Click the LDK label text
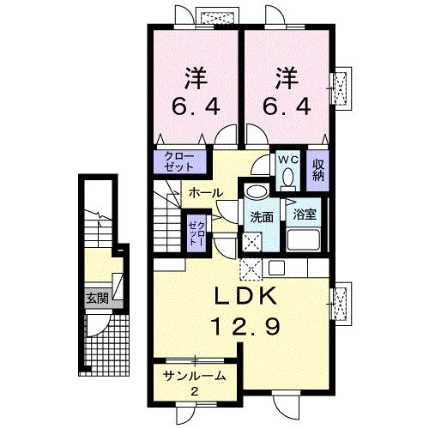tap(244, 296)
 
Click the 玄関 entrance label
tap(96, 299)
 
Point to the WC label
tap(287, 160)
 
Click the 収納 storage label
tap(318, 169)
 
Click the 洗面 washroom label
tap(263, 216)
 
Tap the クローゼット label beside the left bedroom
tap(180, 161)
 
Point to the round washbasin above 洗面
tap(255, 193)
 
